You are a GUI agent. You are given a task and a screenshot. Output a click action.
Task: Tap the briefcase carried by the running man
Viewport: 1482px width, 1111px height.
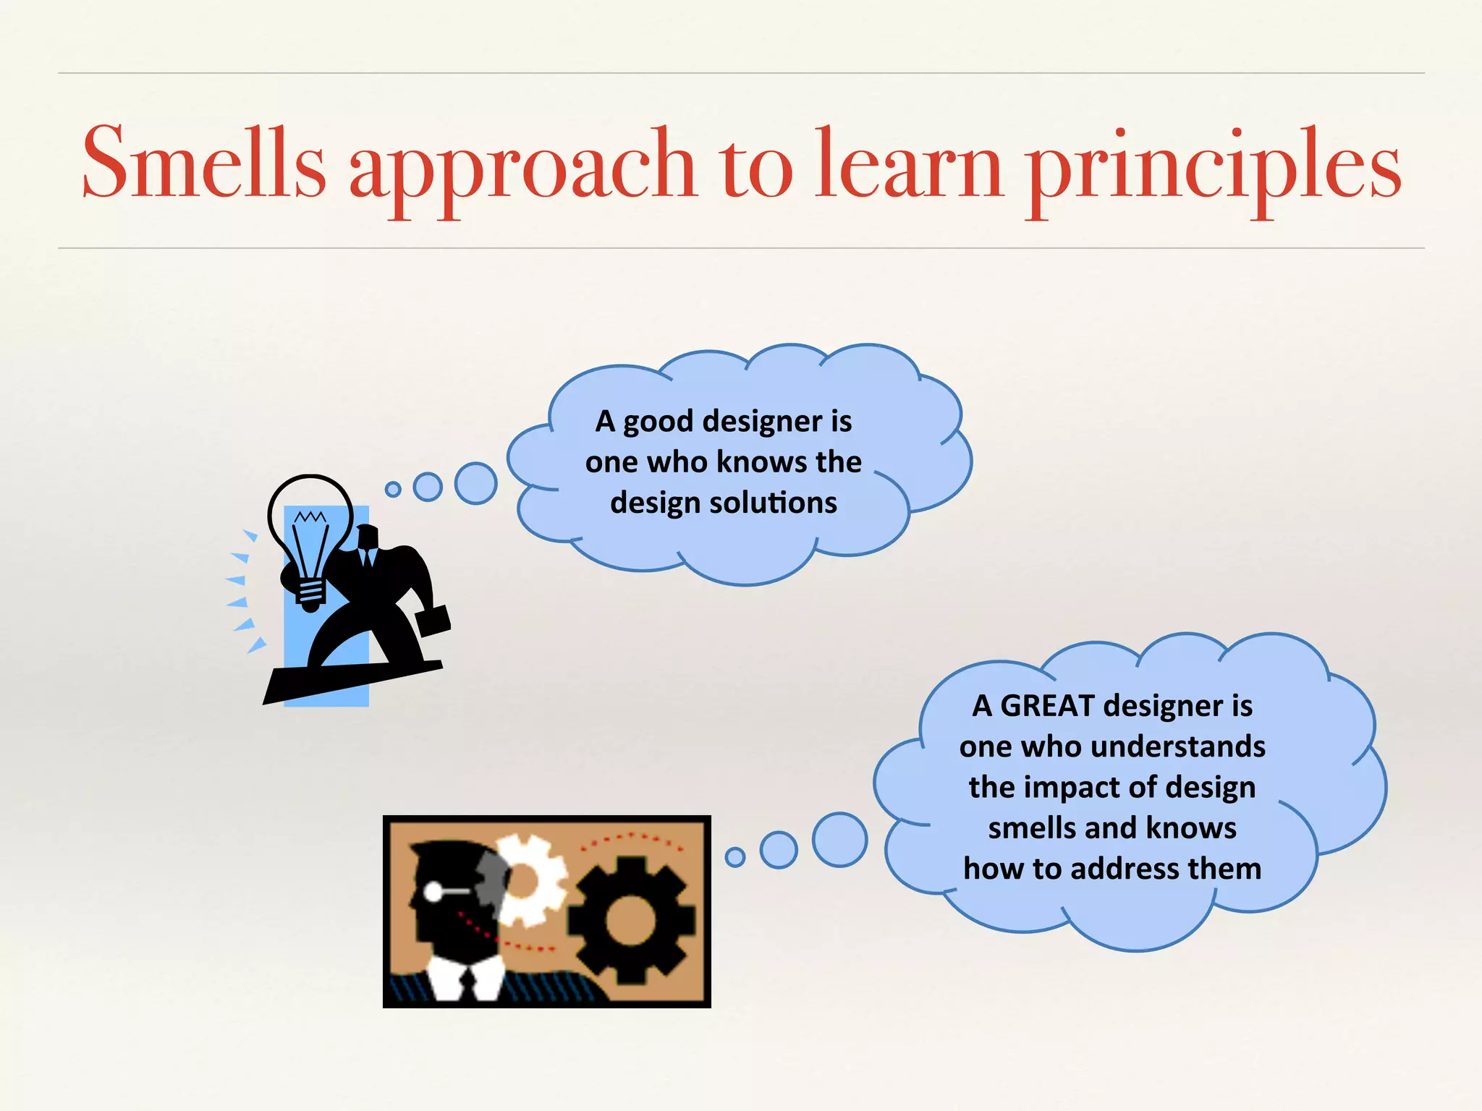click(x=433, y=621)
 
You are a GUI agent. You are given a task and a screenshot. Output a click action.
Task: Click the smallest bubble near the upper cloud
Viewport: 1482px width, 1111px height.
click(x=393, y=490)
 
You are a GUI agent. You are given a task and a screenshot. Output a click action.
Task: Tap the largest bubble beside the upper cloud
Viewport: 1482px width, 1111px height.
click(x=475, y=483)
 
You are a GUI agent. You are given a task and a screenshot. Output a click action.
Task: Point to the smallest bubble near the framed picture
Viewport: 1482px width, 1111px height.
click(x=734, y=857)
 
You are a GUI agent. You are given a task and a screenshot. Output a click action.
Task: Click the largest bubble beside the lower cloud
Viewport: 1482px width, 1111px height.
click(x=839, y=840)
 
